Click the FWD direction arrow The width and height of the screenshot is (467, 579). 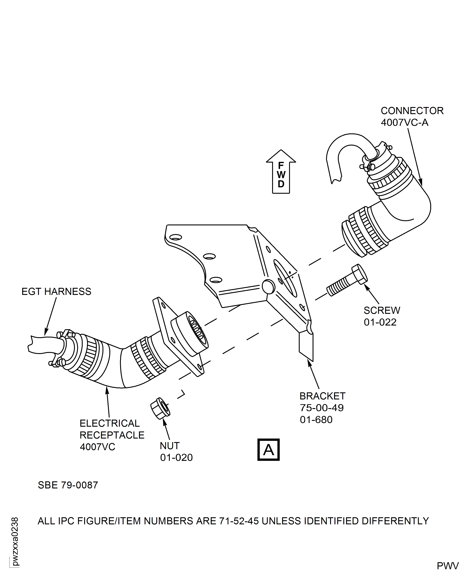click(x=281, y=172)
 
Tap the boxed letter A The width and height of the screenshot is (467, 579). click(x=268, y=450)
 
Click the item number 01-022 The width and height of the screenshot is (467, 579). click(x=380, y=322)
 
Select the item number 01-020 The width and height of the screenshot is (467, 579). click(x=176, y=457)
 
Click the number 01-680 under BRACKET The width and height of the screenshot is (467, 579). click(x=316, y=420)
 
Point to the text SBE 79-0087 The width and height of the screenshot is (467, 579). click(x=68, y=485)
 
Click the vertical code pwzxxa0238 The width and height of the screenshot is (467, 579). click(x=15, y=541)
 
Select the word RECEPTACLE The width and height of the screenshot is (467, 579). click(x=112, y=435)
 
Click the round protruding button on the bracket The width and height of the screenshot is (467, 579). click(x=268, y=287)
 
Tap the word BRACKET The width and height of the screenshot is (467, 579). click(x=322, y=396)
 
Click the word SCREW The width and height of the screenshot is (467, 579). click(x=382, y=310)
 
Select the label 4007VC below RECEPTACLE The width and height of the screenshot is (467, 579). click(x=97, y=447)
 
